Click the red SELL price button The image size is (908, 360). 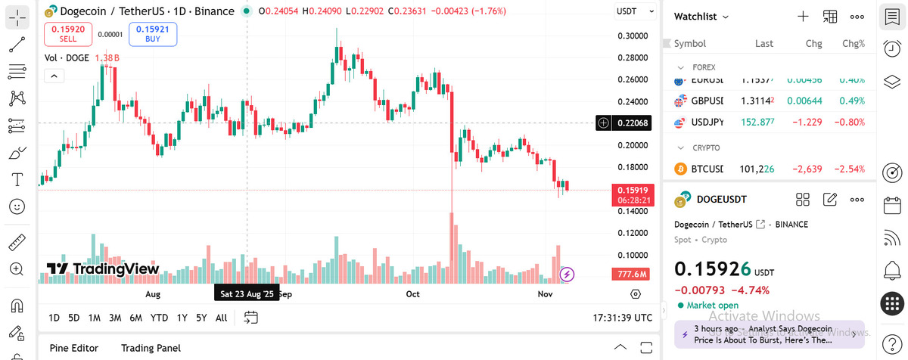(x=68, y=34)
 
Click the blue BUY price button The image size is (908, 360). (x=153, y=34)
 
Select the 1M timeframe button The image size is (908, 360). (x=94, y=318)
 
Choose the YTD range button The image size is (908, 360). (x=159, y=318)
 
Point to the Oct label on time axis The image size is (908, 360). (x=412, y=293)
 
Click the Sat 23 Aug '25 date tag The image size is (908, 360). (x=247, y=293)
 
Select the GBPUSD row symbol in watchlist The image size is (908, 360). (x=707, y=101)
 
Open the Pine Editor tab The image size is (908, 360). (x=73, y=348)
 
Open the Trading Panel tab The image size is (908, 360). (x=151, y=348)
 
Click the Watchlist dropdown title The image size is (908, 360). (x=701, y=17)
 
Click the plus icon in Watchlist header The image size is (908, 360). (x=803, y=17)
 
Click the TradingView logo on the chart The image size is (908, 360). (x=103, y=268)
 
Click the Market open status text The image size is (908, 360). (x=712, y=306)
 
